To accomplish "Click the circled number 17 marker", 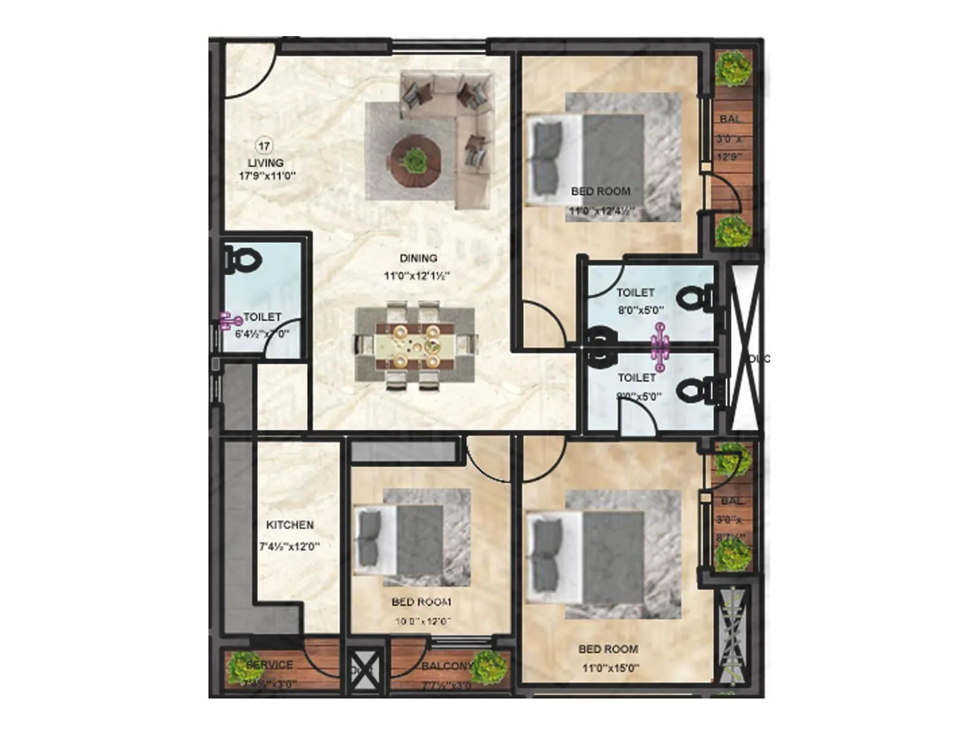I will (263, 146).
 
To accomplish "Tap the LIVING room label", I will (265, 163).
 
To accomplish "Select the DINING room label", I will (418, 258).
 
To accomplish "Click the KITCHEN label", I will (290, 525).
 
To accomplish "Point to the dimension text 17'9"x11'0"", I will (267, 176).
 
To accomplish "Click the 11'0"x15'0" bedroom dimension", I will (610, 668).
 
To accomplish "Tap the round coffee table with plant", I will (416, 160).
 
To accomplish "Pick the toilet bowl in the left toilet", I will (243, 260).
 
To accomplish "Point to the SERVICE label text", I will (270, 664).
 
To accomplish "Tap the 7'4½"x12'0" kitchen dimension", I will (290, 546).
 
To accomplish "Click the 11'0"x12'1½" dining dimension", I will (417, 276).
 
